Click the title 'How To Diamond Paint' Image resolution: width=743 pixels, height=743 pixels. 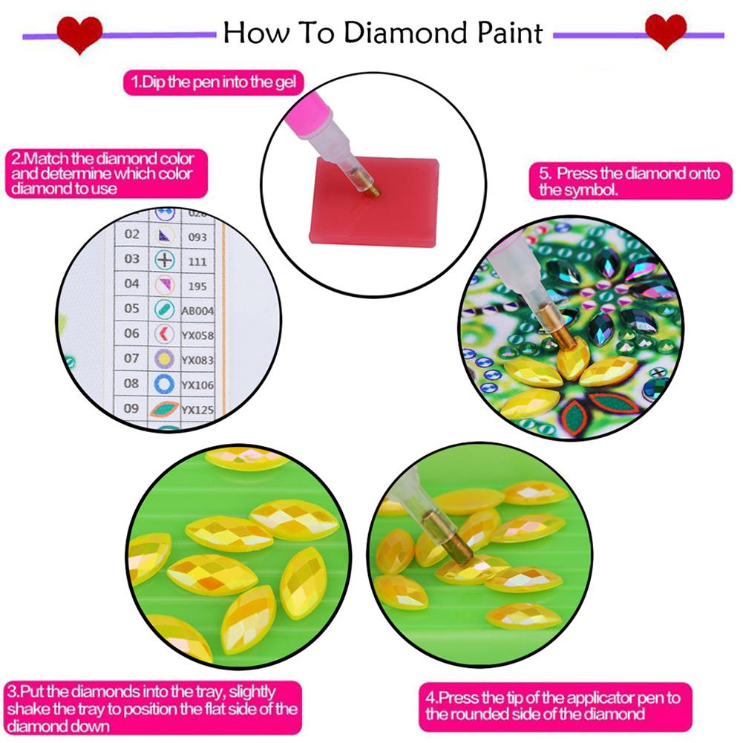point(382,33)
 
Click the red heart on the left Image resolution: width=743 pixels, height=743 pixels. point(80,33)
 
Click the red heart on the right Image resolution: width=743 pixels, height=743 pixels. point(665,32)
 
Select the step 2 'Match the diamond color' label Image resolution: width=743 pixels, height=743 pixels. point(102,174)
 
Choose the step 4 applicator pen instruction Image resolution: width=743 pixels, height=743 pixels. point(554,706)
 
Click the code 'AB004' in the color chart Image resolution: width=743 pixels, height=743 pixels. point(197,310)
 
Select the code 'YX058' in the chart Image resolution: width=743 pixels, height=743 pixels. point(197,335)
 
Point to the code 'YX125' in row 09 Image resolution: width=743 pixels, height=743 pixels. point(197,409)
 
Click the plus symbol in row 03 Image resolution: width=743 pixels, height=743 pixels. point(164,260)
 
